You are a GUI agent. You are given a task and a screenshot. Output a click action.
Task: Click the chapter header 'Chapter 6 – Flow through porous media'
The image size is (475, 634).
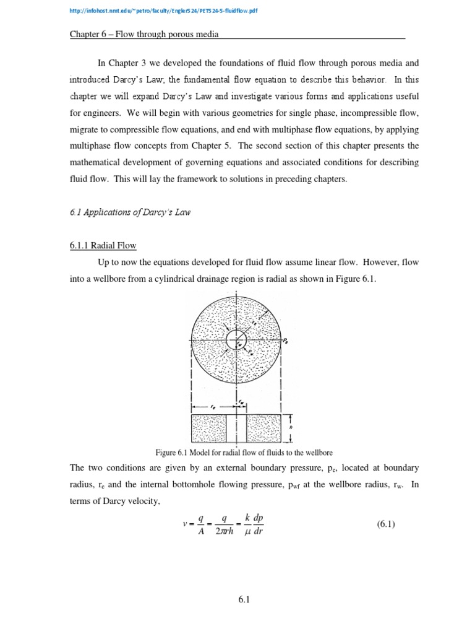click(x=145, y=35)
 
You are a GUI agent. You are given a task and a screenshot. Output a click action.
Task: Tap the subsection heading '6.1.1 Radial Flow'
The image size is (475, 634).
click(x=103, y=245)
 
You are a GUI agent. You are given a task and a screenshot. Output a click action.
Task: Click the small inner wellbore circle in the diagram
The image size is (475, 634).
click(x=236, y=339)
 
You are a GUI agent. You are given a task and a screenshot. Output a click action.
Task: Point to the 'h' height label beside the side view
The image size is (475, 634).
click(x=291, y=428)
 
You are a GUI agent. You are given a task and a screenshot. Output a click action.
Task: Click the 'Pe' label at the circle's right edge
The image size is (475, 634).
click(x=285, y=341)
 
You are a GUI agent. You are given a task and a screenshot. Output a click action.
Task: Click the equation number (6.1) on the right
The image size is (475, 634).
click(x=385, y=524)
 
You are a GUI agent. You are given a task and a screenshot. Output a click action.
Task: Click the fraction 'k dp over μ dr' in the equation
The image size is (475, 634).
click(x=254, y=524)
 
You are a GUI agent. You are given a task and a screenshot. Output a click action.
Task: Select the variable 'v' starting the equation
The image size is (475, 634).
click(x=185, y=524)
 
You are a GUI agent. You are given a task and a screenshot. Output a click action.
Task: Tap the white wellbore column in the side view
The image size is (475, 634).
click(x=236, y=428)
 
